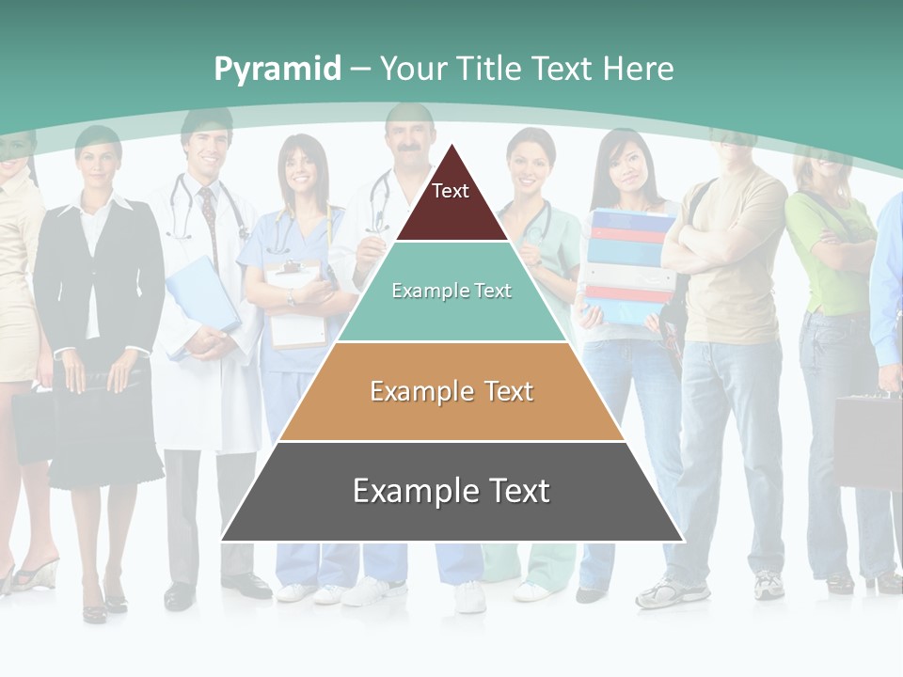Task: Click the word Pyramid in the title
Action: [x=277, y=69]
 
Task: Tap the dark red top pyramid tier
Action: [x=451, y=207]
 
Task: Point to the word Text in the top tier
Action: [x=450, y=191]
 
